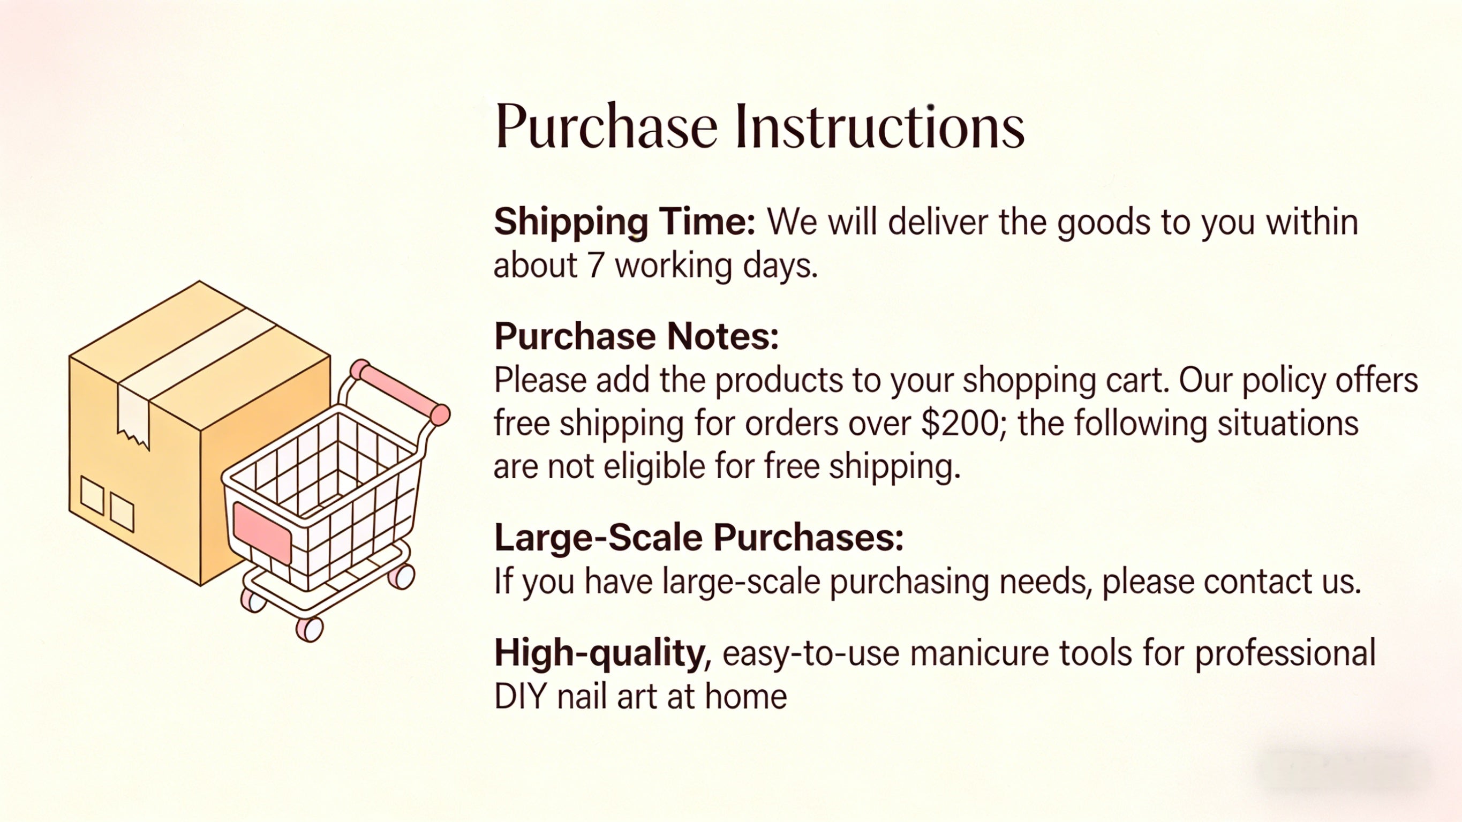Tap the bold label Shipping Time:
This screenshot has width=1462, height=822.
pos(624,221)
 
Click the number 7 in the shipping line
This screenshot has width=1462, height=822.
pos(596,266)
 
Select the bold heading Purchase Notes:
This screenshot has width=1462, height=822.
pos(636,336)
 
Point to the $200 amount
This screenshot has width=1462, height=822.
pos(962,424)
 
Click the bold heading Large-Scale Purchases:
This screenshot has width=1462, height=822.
pos(699,537)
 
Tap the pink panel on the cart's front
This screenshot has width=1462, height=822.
pos(262,532)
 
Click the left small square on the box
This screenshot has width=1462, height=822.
pos(92,495)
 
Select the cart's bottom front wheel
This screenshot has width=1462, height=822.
pos(310,629)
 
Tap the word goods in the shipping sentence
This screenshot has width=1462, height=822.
pos(1103,221)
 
